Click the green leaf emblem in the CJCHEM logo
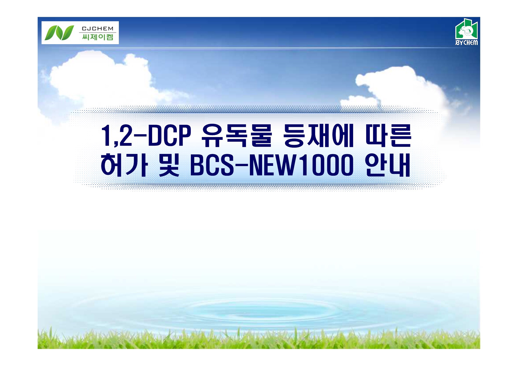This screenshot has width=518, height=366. pos(59,33)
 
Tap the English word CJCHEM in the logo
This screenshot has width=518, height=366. pos(98,28)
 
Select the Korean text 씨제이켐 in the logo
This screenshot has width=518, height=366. pos(98,37)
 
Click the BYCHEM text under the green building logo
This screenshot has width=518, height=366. pos(467,42)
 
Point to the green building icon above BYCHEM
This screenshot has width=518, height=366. pos(467,29)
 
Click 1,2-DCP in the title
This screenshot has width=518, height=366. pos(146,135)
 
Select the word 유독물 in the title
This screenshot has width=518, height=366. pos(237,135)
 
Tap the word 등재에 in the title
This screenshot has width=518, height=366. pos(319,135)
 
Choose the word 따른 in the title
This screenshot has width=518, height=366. pos(388,135)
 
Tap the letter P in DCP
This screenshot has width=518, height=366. pos(184,135)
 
